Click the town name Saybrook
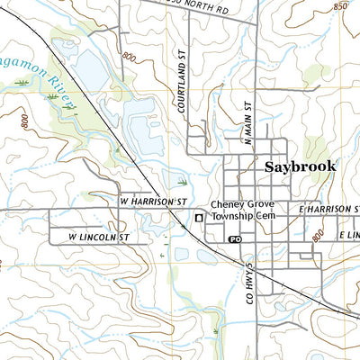[x=301, y=166]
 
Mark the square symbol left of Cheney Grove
[x=199, y=217]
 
